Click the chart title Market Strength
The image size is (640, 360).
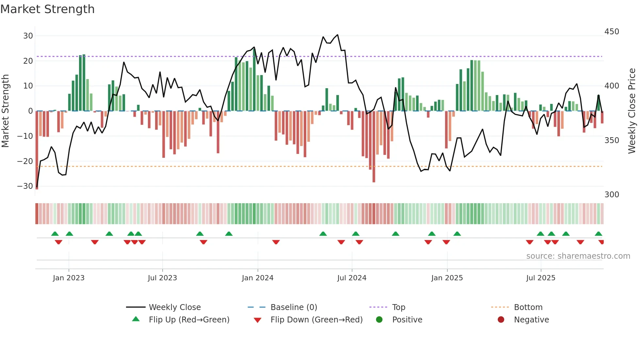coord(48,9)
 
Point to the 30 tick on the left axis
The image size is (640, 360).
coord(28,36)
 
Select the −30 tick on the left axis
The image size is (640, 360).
coord(25,186)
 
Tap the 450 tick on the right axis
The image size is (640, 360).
coord(612,32)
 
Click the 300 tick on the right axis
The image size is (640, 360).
coord(612,195)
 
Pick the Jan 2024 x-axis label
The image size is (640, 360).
coord(258,278)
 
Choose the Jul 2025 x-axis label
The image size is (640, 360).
coord(541,278)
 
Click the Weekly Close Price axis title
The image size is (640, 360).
coord(632,111)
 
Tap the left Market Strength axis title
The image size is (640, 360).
coord(6,111)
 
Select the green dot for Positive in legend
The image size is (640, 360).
coord(379,319)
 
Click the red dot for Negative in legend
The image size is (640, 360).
coord(501,319)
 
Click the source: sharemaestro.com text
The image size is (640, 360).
coord(578,256)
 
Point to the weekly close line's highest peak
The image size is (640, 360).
coord(337,35)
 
